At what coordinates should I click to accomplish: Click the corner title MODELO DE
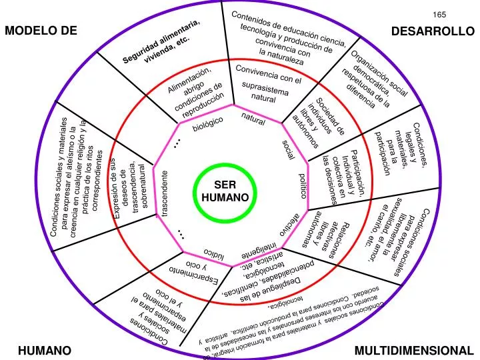[x=41, y=31]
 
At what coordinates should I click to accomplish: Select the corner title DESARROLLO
[x=432, y=31]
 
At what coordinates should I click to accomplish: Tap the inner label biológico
[x=207, y=127]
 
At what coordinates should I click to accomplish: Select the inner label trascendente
[x=163, y=193]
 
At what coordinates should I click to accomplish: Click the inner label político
[x=303, y=185]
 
